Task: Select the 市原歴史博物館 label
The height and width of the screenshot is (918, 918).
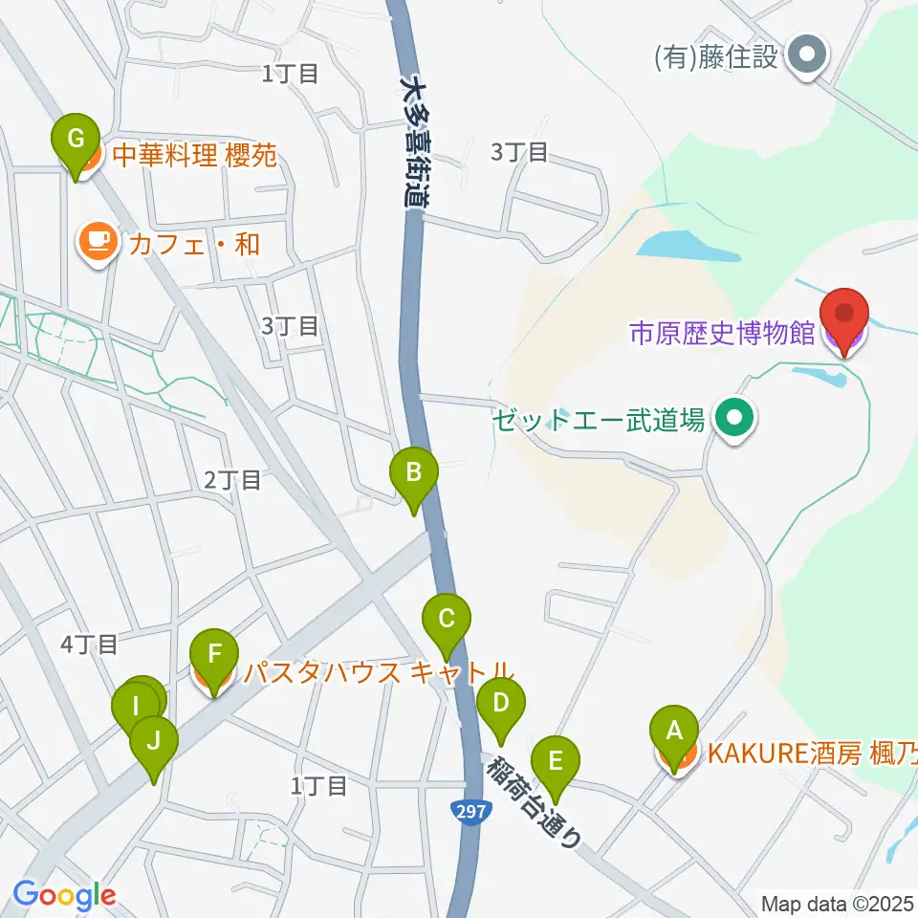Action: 722,333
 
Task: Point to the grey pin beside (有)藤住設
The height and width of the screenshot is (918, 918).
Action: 808,57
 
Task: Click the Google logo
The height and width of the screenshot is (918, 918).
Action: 65,896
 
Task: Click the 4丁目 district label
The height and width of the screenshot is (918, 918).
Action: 89,645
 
